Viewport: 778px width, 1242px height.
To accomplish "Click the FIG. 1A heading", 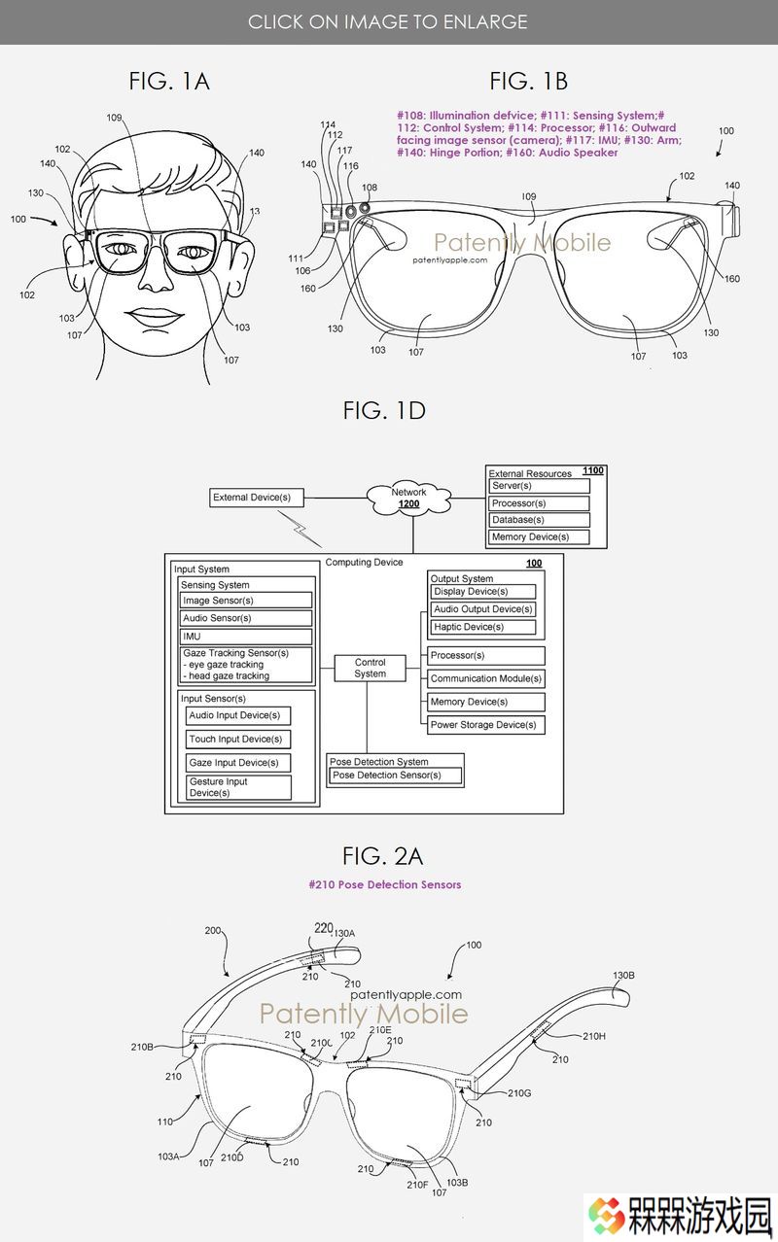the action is point(169,82).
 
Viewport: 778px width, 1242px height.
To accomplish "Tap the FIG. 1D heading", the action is point(384,411).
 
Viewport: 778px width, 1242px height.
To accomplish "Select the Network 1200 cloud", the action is point(409,498).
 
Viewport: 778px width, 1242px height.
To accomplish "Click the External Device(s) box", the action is point(257,498).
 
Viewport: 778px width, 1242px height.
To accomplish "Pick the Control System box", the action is point(371,668).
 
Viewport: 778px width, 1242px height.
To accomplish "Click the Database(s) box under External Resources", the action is point(539,520).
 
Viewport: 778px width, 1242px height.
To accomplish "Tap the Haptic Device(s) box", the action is point(482,627).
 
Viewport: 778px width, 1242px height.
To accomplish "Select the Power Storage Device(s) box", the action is point(485,725).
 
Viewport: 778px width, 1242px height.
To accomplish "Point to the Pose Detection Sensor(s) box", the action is point(396,776).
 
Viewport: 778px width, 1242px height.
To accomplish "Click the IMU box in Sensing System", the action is point(246,637).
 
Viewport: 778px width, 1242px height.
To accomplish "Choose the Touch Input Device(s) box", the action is point(238,740).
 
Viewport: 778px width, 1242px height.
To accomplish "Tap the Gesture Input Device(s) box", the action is point(238,787).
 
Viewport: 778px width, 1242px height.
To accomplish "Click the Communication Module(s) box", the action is point(485,678).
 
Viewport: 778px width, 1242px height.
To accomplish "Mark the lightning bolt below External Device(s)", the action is point(300,529).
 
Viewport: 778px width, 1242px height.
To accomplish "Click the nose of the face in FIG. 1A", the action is point(156,276).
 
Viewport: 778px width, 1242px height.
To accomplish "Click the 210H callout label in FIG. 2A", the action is point(594,1036).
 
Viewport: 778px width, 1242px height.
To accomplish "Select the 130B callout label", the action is point(623,975).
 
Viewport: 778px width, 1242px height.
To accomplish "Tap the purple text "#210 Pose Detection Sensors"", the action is point(384,884).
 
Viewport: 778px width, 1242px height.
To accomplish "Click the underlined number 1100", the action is point(592,470).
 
